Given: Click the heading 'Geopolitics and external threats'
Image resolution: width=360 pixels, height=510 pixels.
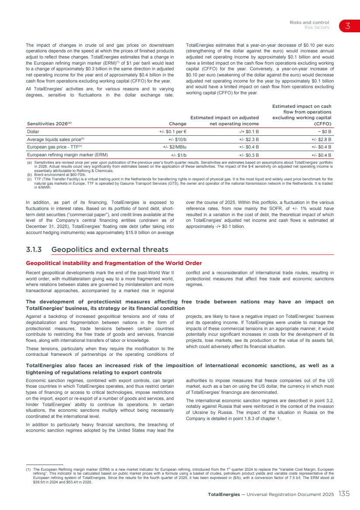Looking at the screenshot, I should coord(110,250).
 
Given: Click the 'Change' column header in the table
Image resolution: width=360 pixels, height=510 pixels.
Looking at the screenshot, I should coord(178,124).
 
